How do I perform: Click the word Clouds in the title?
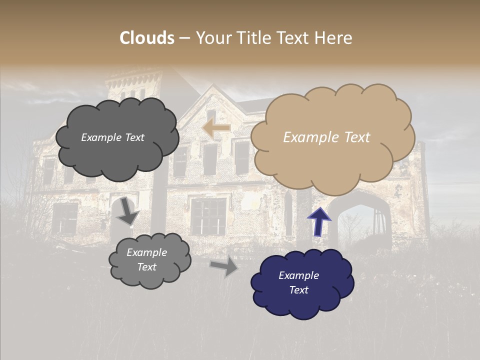point(147,38)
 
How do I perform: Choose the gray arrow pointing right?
point(224,267)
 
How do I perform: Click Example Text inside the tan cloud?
point(326,137)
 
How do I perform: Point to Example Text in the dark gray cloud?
point(112,137)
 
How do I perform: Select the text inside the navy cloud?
point(298,282)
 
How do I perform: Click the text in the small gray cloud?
point(146,259)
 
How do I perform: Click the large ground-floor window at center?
point(208,216)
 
